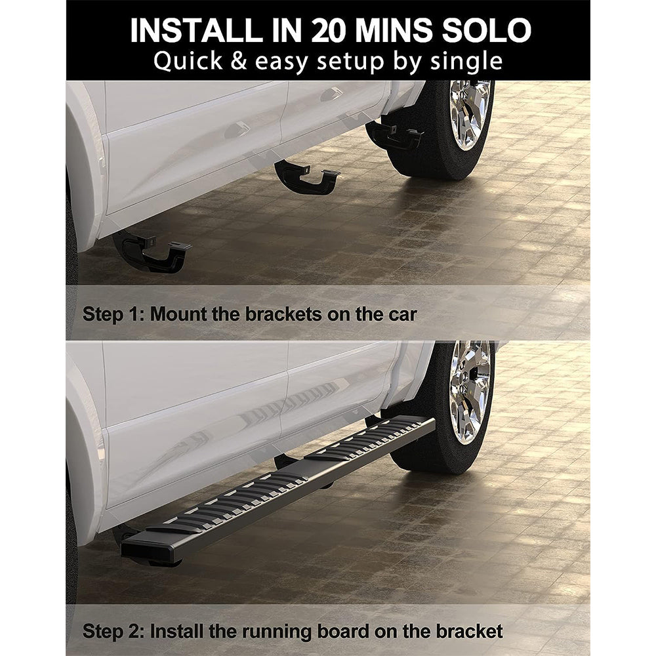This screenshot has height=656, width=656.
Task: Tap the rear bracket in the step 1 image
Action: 151,251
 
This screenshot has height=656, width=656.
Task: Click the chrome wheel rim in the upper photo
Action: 470,113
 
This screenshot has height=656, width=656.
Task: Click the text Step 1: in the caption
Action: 113,314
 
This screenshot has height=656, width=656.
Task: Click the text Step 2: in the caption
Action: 113,632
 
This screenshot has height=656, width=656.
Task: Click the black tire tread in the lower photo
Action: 420,453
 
